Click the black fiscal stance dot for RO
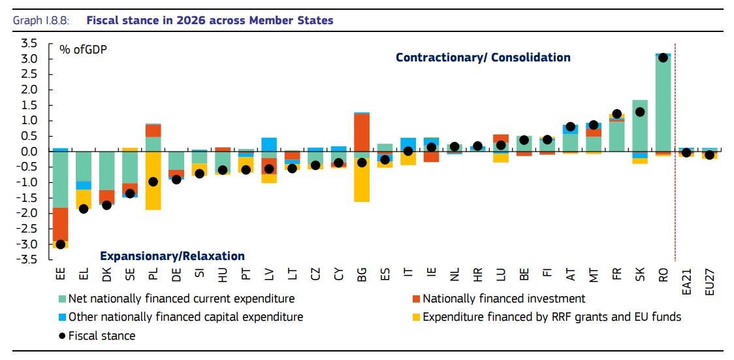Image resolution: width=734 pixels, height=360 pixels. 663,57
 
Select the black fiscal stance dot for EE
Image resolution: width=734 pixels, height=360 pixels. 60,244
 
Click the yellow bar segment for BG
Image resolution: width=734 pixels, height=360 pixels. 362,180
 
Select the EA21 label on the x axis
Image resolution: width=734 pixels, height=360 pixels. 686,282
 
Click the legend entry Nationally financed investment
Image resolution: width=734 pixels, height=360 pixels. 503,299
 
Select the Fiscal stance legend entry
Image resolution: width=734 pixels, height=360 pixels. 102,336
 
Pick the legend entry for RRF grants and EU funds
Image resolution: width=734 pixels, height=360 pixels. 552,317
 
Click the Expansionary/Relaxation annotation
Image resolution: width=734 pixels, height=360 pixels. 172,256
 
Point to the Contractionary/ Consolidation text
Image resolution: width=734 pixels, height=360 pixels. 483,57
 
